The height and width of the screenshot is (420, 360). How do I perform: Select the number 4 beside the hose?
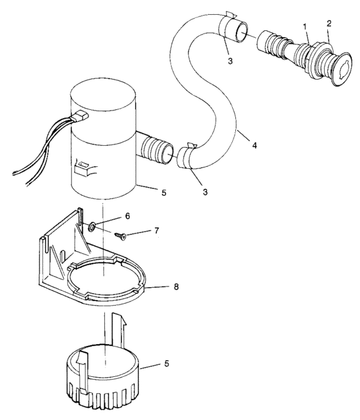pos(255,146)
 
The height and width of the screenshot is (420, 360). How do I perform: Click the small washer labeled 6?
pos(93,225)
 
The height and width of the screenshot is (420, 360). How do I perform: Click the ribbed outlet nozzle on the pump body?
pos(155,149)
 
